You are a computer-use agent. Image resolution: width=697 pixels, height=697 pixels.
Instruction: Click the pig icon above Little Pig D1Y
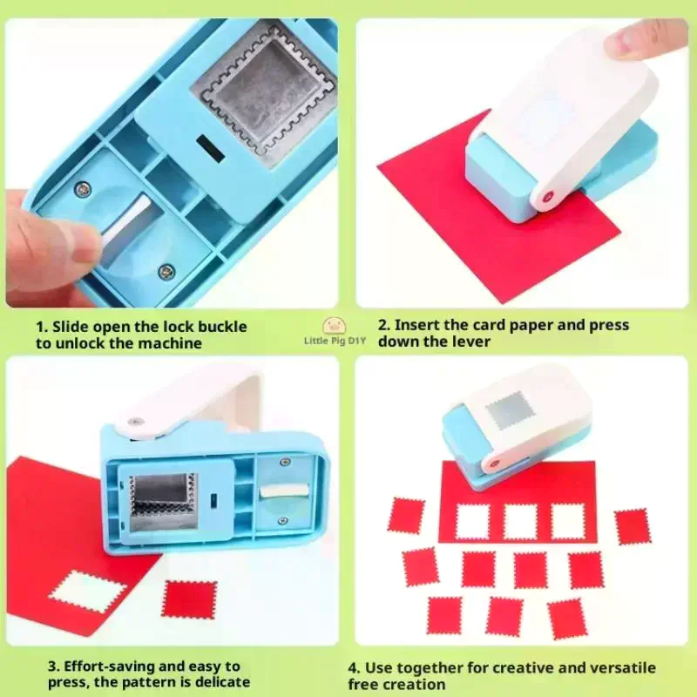tap(335, 326)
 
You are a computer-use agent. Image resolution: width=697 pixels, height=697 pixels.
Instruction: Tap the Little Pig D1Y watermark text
tap(335, 341)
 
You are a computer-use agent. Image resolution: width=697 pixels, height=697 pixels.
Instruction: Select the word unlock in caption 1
tap(76, 343)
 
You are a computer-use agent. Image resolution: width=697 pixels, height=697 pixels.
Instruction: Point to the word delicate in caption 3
tap(217, 682)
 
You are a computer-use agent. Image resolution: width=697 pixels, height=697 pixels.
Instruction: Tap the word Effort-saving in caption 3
tap(112, 667)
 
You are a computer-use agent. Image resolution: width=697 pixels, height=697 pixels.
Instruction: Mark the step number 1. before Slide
tap(41, 327)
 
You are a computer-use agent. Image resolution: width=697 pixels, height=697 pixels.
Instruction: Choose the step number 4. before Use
tap(354, 667)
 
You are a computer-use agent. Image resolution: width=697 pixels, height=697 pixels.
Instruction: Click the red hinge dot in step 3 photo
tap(134, 423)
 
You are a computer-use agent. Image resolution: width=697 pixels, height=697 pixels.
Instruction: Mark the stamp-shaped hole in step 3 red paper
tap(88, 591)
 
